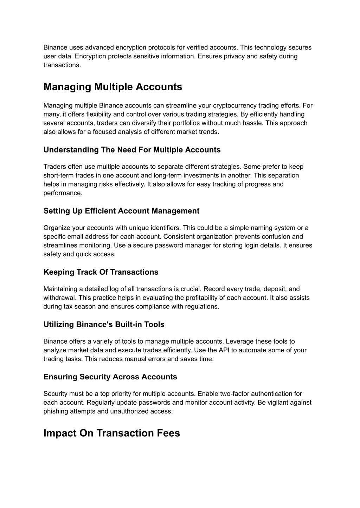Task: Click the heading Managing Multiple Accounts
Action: pos(113,87)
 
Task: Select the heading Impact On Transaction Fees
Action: pos(111,433)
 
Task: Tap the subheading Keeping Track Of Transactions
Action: pos(101,272)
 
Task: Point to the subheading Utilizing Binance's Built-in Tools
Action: pos(104,325)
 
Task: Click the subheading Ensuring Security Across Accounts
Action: pos(110,377)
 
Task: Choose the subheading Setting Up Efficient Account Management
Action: pos(121,211)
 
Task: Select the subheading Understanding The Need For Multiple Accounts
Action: pos(132,150)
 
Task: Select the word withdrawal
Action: pos(59,298)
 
